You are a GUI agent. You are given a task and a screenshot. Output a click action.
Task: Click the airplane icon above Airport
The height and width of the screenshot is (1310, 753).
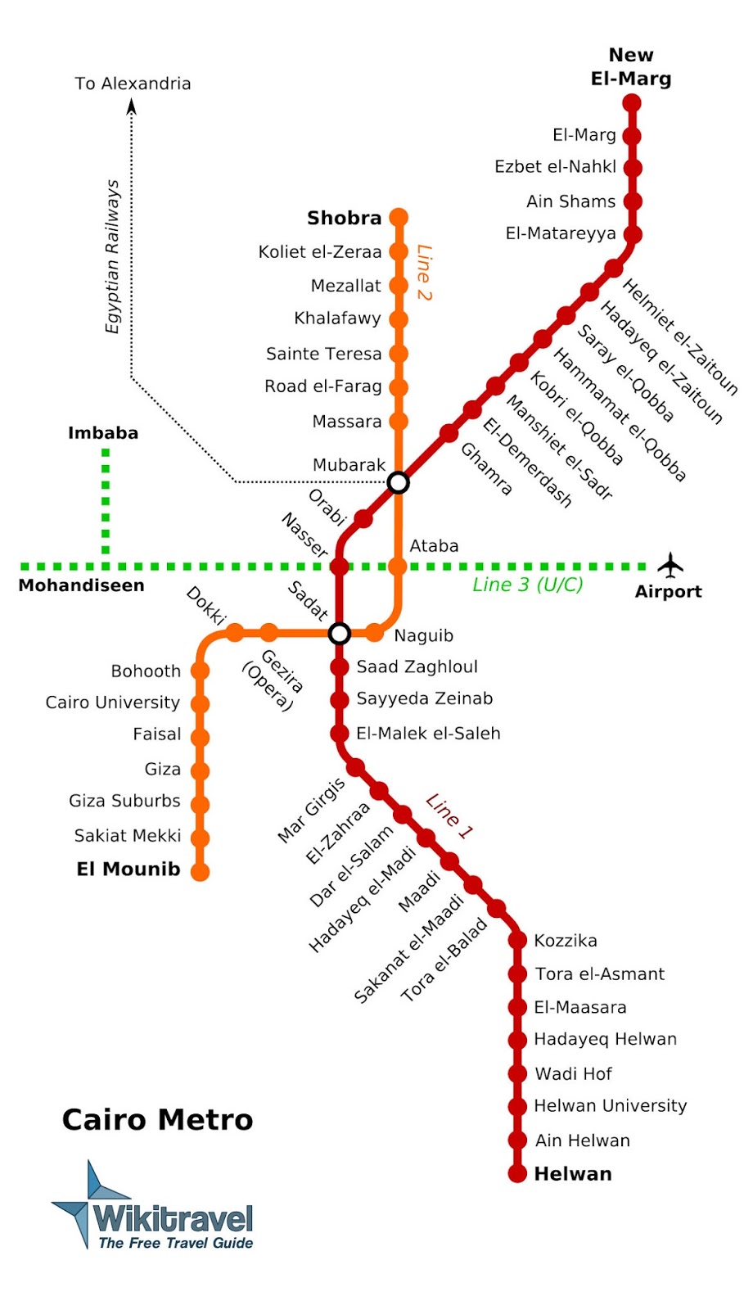pos(670,564)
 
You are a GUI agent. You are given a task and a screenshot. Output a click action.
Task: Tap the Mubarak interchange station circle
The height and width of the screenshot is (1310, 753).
pos(398,482)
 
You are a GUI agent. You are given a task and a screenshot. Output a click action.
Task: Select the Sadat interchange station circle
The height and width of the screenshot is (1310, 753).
pos(340,633)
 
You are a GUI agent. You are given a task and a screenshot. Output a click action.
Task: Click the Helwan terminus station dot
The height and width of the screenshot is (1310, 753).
pos(517,1173)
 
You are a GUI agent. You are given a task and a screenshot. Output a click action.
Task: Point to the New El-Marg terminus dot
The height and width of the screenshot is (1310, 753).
pos(632,103)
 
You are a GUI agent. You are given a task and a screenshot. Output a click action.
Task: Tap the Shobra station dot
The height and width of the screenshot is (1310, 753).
pos(399,217)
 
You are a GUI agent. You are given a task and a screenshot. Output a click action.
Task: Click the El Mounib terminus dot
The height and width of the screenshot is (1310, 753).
pos(201,871)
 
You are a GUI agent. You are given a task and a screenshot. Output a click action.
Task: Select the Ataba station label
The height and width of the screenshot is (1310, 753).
pos(434,546)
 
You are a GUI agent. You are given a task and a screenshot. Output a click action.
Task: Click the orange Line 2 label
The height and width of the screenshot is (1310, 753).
pos(423,273)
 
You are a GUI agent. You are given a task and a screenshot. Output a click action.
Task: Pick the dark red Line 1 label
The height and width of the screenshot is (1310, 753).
pos(449,816)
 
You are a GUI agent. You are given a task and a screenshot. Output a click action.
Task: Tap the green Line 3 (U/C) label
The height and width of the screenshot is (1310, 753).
pos(528,585)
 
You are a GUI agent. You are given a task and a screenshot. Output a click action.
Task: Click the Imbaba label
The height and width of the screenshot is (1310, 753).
pos(103,433)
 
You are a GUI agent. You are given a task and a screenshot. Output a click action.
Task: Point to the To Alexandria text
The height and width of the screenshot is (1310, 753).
pos(133,84)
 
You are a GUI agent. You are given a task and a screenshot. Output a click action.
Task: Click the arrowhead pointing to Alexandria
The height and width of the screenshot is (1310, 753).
pos(132,106)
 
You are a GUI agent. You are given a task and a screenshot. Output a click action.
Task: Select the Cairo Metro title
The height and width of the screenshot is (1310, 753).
pos(157,1119)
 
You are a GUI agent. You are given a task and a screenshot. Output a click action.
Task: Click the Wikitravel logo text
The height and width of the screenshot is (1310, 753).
pos(173,1219)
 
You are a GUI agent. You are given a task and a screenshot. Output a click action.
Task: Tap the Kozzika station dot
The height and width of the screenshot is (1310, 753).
pos(517,940)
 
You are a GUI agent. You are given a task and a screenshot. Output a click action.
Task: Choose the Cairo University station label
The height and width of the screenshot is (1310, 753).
pos(113,702)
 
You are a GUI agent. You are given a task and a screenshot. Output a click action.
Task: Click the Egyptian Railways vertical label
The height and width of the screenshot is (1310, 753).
pos(112,256)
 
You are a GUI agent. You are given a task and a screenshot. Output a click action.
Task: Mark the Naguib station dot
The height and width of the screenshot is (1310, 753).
pos(374,633)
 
